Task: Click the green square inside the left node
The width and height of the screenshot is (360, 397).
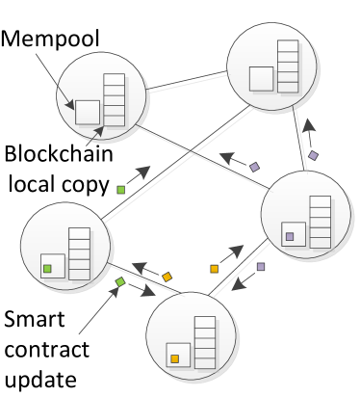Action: [x=47, y=268]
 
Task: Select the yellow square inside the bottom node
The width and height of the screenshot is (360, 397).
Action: [x=174, y=358]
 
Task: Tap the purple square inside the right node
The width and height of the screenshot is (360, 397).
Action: [x=289, y=236]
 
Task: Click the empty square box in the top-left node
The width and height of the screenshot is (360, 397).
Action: [x=88, y=112]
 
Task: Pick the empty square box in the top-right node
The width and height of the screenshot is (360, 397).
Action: [x=261, y=78]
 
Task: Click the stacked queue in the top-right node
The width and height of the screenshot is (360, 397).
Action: [x=288, y=66]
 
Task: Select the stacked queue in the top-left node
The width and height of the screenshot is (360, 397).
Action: [x=115, y=100]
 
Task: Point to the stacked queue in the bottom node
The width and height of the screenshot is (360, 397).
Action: [x=205, y=342]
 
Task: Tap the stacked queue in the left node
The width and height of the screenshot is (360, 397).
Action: [x=79, y=253]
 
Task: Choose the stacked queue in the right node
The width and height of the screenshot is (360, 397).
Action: [x=320, y=222]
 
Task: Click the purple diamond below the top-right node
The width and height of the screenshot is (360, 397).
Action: [x=313, y=155]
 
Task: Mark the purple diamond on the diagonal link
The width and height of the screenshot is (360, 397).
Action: [x=254, y=167]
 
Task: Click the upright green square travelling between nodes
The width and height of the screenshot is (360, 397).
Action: [x=120, y=190]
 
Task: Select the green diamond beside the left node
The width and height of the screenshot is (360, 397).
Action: [x=120, y=282]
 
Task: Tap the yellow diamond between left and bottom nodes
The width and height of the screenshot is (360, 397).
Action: [x=167, y=277]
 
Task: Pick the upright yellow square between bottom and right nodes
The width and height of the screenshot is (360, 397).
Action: [x=214, y=269]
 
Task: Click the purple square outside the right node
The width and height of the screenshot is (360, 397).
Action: [x=260, y=267]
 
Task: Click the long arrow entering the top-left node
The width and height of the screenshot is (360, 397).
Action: [x=54, y=80]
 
